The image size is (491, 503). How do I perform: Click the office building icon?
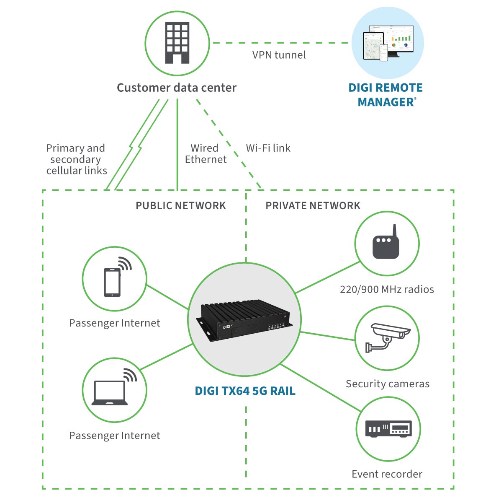tap(177, 43)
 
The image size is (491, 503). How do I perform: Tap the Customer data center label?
tap(176, 88)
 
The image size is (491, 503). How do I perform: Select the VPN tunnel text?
tap(279, 55)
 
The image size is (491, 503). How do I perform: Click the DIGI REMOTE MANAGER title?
tap(386, 95)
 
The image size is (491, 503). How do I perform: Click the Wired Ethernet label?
tap(206, 154)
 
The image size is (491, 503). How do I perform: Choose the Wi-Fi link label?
tap(268, 148)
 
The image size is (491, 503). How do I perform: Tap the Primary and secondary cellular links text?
tap(76, 159)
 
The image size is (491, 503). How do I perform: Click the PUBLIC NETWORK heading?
tap(180, 205)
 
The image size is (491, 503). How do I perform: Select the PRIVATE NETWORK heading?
tap(313, 205)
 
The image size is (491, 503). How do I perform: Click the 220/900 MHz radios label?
tap(387, 289)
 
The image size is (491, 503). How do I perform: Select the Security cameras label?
tap(387, 384)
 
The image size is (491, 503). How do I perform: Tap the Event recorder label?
tap(387, 474)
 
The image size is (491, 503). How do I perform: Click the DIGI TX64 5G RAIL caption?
tap(245, 391)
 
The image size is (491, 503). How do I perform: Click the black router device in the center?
tap(245, 320)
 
